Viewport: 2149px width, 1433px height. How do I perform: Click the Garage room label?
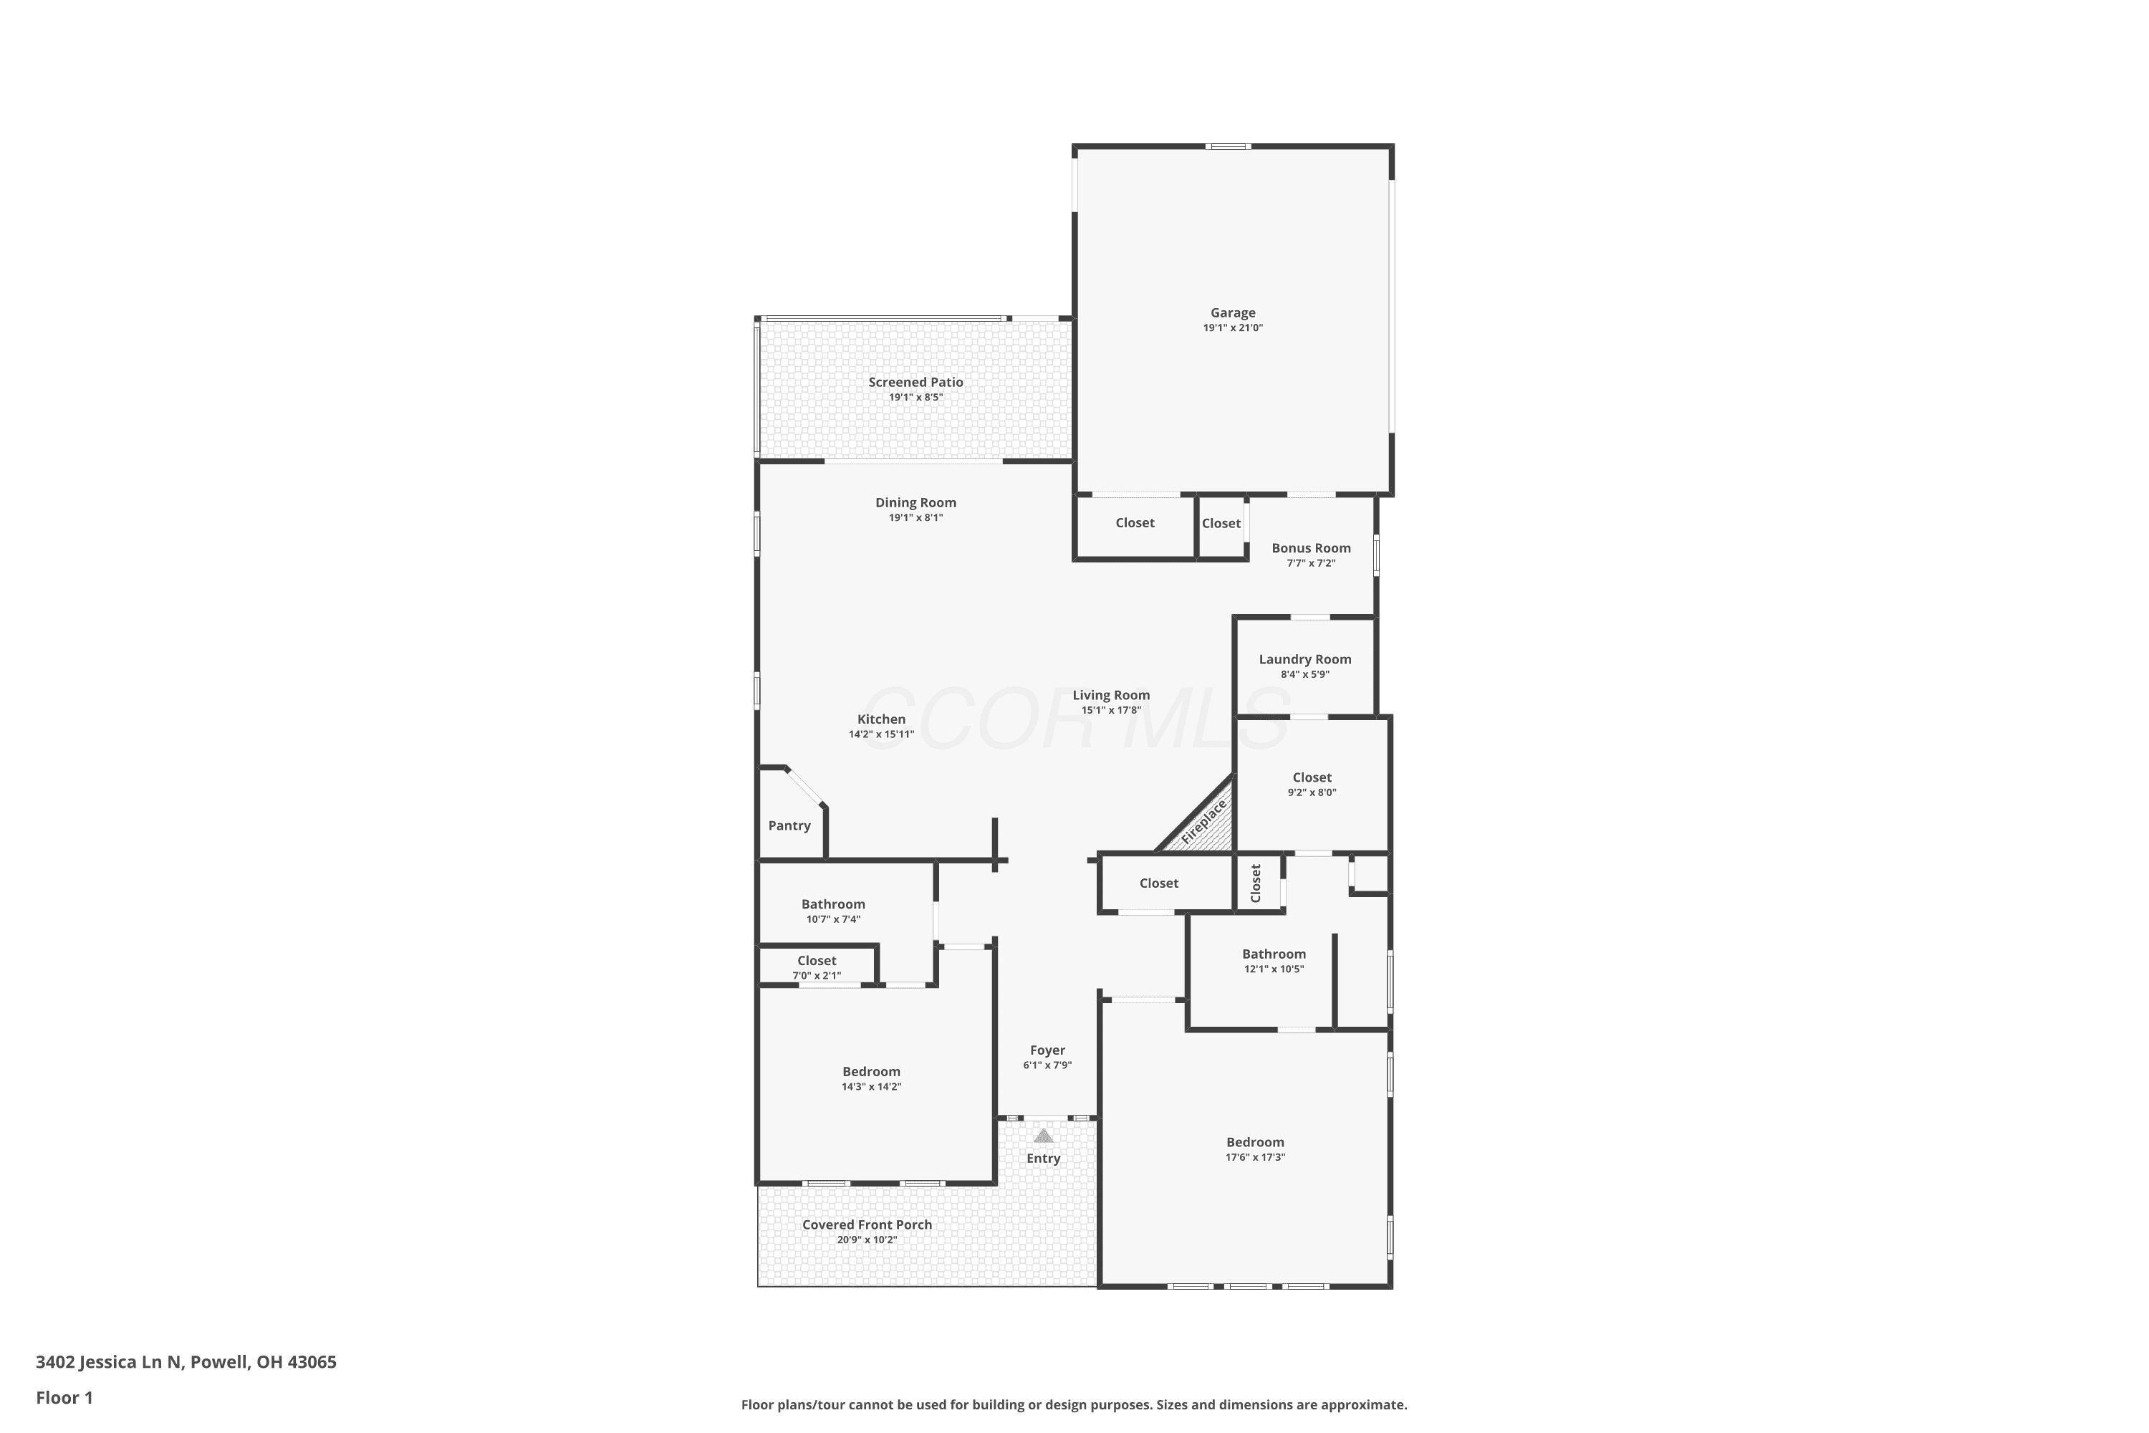(1233, 312)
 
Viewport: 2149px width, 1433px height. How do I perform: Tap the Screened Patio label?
(915, 382)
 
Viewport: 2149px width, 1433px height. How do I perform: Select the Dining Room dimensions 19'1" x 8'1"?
(915, 517)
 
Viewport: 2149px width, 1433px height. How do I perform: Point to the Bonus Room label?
(1311, 548)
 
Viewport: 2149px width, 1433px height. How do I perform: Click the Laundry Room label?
(1304, 659)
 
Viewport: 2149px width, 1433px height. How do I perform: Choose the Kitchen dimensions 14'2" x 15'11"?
(881, 734)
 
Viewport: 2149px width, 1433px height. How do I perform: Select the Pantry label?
(789, 825)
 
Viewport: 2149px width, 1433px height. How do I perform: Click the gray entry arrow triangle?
(1044, 1136)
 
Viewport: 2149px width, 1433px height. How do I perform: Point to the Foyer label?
(1047, 1050)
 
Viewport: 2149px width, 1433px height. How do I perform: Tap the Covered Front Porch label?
(867, 1224)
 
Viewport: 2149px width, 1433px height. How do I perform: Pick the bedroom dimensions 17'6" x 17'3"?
(1256, 1157)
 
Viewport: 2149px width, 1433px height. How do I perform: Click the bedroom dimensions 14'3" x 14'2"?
(872, 1087)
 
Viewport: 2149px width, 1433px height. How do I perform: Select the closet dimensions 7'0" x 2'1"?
(817, 975)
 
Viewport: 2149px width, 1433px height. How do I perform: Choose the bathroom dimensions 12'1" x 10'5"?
(1274, 969)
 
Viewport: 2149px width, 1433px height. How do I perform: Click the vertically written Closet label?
(1256, 883)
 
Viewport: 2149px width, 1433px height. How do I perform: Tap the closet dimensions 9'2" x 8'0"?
(1312, 792)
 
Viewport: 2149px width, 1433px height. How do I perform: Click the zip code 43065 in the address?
(312, 1362)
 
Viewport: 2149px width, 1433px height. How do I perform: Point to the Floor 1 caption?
(64, 1397)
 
